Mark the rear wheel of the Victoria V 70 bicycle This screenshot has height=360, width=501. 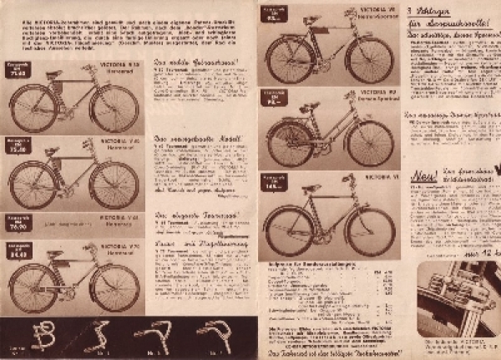33,288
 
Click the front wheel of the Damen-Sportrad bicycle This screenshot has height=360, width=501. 369,143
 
